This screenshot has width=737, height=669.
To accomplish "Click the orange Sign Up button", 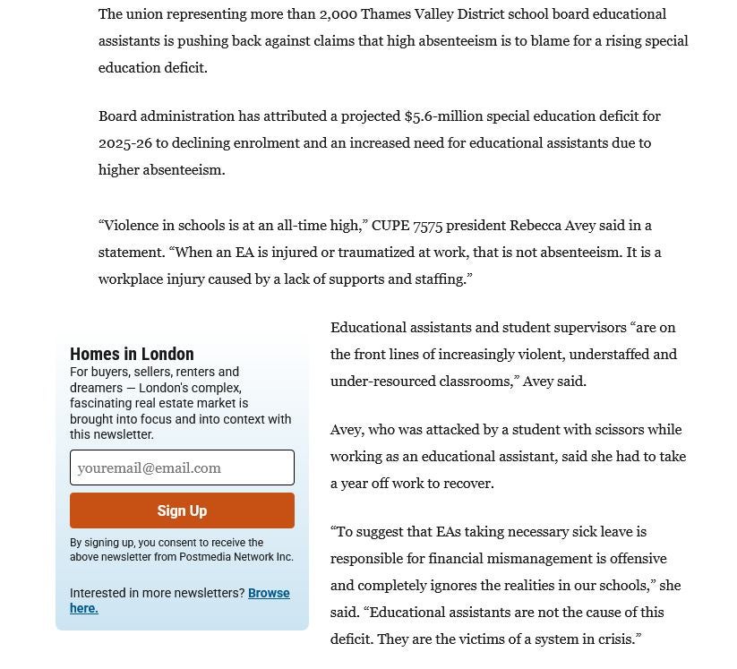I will pos(182,510).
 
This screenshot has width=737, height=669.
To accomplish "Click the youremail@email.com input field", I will pos(182,467).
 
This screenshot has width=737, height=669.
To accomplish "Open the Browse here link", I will pos(269,594).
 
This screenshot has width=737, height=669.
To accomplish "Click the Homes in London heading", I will pos(132,354).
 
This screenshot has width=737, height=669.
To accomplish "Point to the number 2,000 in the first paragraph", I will pos(338,14).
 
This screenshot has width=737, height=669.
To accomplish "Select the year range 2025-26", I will pos(125,143).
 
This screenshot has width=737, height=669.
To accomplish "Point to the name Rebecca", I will pos(536,226).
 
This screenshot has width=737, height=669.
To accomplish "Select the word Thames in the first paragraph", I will pos(385,14).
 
